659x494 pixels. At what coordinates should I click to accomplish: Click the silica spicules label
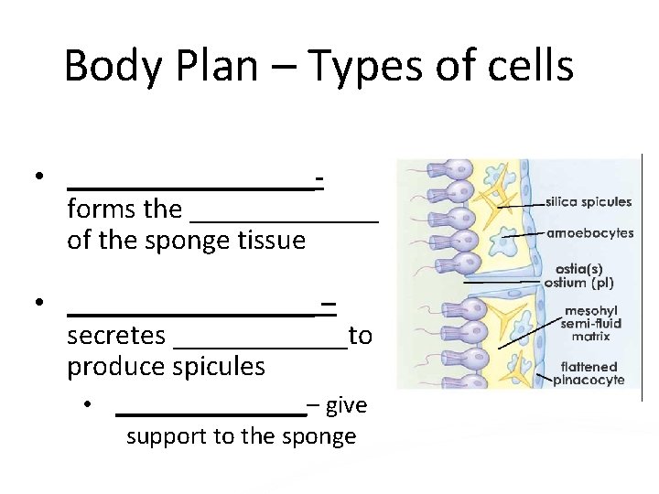coord(589,202)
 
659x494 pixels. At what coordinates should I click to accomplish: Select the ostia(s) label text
coord(578,269)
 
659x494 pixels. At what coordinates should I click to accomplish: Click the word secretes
coord(116,336)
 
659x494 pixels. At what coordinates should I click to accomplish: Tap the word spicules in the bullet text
coord(216,367)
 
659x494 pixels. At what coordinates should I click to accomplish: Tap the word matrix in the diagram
coord(590,337)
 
